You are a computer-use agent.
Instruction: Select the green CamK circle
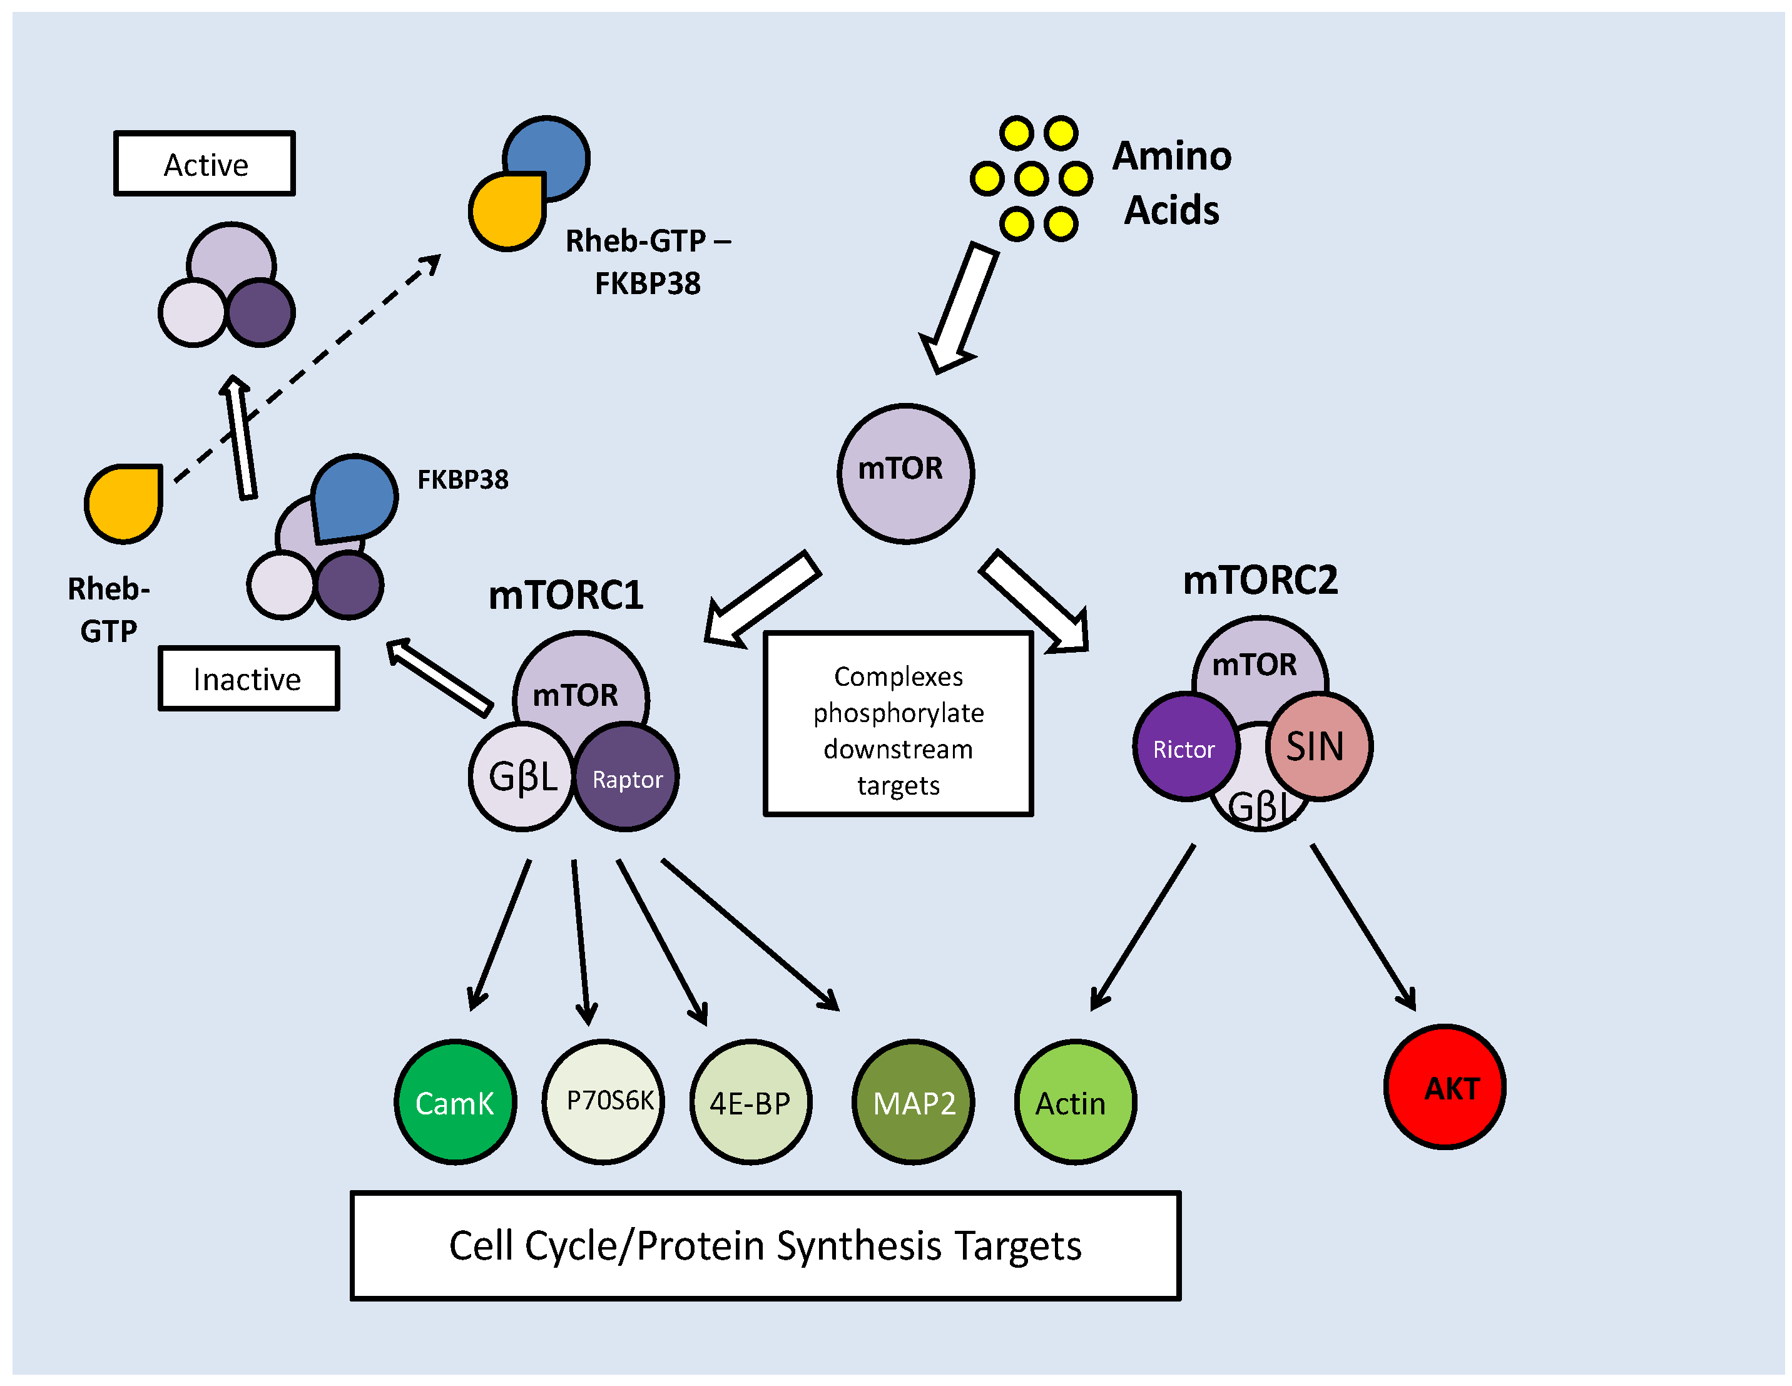pos(456,1101)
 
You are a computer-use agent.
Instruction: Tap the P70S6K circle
pos(603,1101)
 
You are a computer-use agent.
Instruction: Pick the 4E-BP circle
pos(750,1101)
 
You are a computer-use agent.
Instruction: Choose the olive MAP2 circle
pos(914,1101)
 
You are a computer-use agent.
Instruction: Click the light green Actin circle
pos(1075,1101)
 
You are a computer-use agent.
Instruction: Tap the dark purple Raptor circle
pos(626,777)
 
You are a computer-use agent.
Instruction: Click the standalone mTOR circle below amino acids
pos(905,472)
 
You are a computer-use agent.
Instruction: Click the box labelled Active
pos(205,163)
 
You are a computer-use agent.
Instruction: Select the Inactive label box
pos(248,678)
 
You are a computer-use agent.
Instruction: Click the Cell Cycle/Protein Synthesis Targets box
pos(765,1245)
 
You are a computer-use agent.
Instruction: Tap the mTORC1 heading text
pos(566,595)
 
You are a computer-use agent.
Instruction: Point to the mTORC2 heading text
pos(1260,580)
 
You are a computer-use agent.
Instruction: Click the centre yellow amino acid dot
pos(1031,178)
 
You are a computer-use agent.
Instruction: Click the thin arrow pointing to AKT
pos(1363,927)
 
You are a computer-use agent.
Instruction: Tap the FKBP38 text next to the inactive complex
pos(463,479)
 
